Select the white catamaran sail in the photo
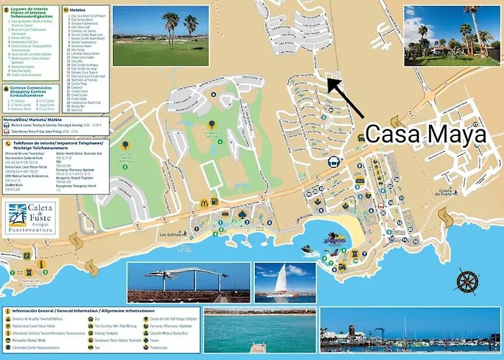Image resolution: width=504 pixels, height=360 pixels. pos(284,277)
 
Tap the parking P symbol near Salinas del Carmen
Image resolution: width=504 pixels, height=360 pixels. pos(27,256)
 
